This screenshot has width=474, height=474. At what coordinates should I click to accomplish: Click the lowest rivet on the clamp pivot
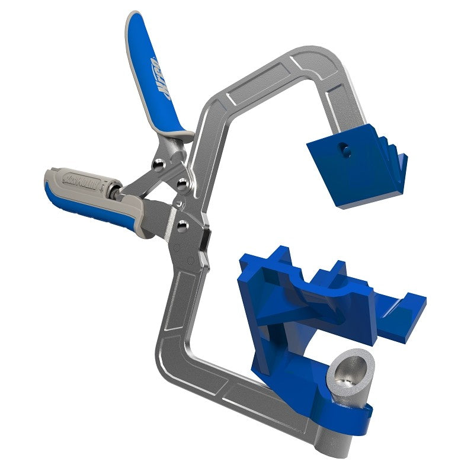coord(183,225)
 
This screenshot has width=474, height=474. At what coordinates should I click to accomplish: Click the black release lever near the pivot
coord(205,239)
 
